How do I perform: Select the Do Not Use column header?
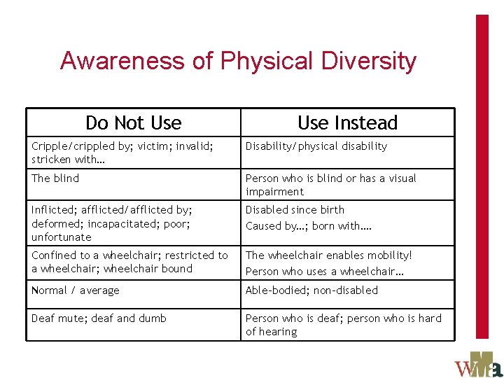133,123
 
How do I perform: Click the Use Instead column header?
347,123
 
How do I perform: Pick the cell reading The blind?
55,178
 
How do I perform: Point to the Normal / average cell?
76,290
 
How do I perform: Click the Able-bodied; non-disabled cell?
311,290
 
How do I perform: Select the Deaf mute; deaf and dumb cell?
99,318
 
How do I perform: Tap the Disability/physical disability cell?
316,146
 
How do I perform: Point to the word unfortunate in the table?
62,237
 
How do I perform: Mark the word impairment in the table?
274,192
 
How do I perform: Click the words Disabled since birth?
295,209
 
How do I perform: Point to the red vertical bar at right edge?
482,175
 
